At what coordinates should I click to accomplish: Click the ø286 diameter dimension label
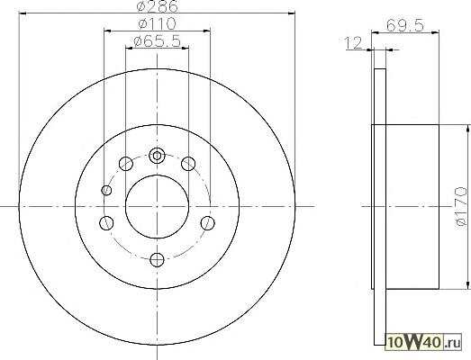(157, 6)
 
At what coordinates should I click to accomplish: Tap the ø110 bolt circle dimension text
(157, 23)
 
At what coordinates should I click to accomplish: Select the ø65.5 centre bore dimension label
(157, 41)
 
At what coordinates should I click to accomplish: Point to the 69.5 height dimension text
(405, 25)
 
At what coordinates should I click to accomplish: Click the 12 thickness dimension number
(354, 43)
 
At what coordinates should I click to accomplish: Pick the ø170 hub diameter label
(462, 206)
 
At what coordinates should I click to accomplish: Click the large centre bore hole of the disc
(157, 207)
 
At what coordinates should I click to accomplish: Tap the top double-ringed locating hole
(157, 156)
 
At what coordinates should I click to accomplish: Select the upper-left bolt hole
(126, 164)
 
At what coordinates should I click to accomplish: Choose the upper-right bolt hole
(188, 164)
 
